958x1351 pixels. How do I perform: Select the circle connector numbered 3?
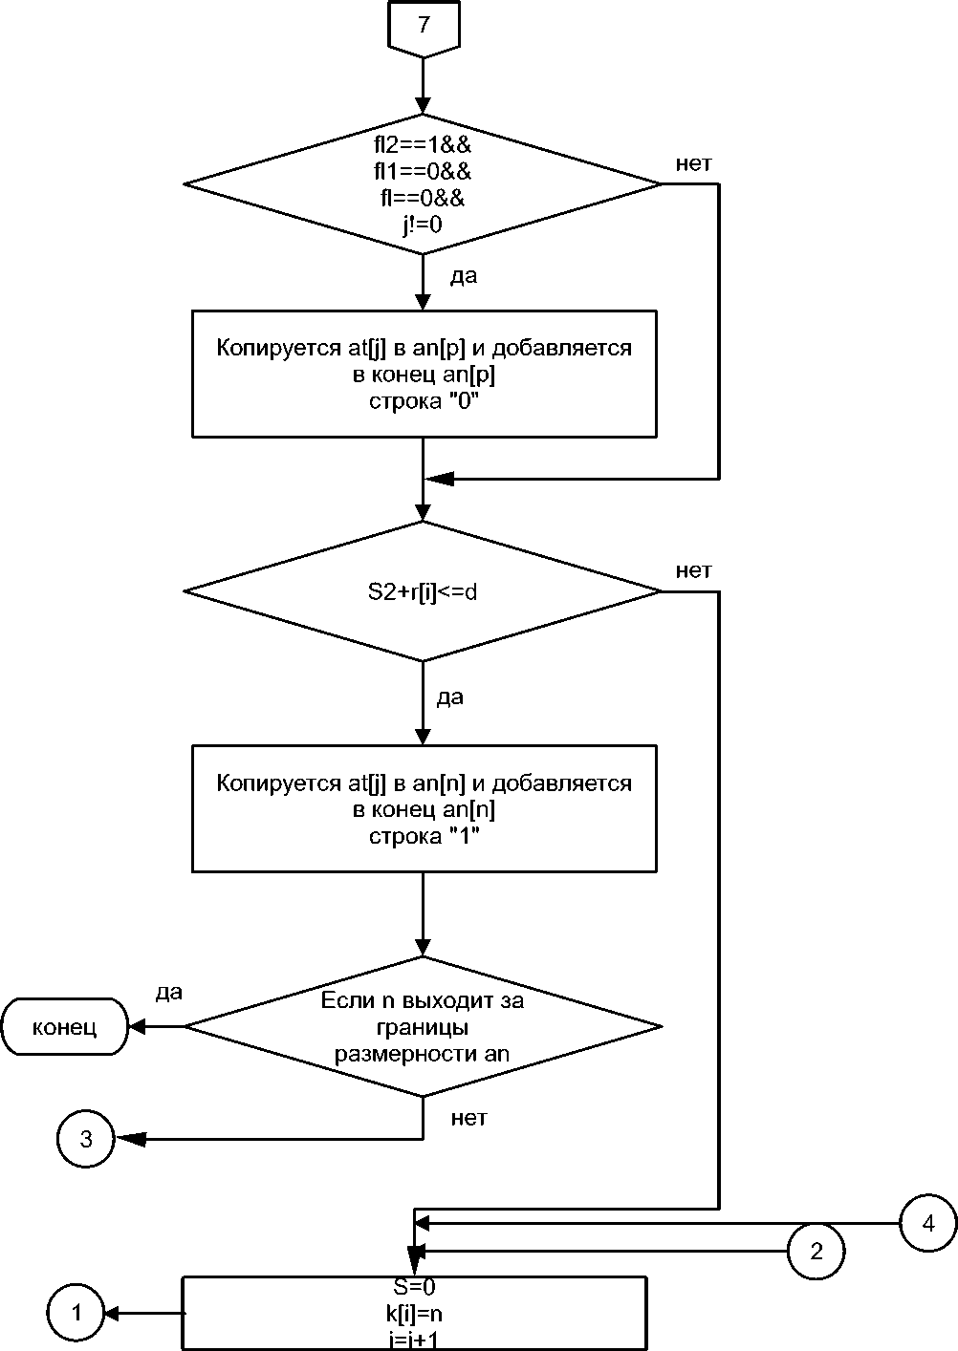[86, 1139]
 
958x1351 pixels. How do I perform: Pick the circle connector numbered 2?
[816, 1251]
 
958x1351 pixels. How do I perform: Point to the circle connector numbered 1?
[76, 1313]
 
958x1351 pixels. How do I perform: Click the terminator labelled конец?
[64, 1028]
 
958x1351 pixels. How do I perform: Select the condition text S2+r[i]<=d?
[423, 592]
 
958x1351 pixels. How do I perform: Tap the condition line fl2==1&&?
[423, 147]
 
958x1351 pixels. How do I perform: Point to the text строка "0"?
[423, 402]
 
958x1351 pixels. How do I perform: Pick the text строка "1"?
[423, 837]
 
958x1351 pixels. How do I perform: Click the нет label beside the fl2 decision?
[693, 163]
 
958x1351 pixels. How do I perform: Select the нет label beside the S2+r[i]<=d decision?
[693, 571]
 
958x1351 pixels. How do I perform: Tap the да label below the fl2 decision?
[463, 277]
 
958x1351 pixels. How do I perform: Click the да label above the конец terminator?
[169, 993]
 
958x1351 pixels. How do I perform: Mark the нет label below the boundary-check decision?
[468, 1118]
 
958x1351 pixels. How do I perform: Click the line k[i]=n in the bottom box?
[414, 1313]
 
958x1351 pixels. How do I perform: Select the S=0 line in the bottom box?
[414, 1286]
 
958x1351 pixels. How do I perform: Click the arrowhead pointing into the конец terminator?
[137, 1027]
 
